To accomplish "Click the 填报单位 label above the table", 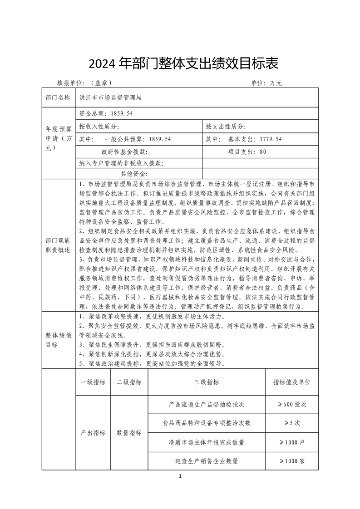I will (x=84, y=83).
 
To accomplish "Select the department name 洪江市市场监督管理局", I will (x=111, y=97).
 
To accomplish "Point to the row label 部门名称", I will (x=58, y=97).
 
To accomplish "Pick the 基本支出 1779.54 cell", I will (x=244, y=139).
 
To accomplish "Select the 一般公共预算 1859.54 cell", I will (x=125, y=139).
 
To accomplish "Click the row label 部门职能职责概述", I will (x=58, y=246).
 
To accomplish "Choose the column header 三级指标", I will (x=207, y=382).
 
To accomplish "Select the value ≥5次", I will (x=292, y=423).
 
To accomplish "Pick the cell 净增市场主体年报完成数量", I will (x=207, y=442).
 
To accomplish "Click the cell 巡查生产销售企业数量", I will (x=207, y=461).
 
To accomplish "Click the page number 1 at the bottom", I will (x=180, y=476).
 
